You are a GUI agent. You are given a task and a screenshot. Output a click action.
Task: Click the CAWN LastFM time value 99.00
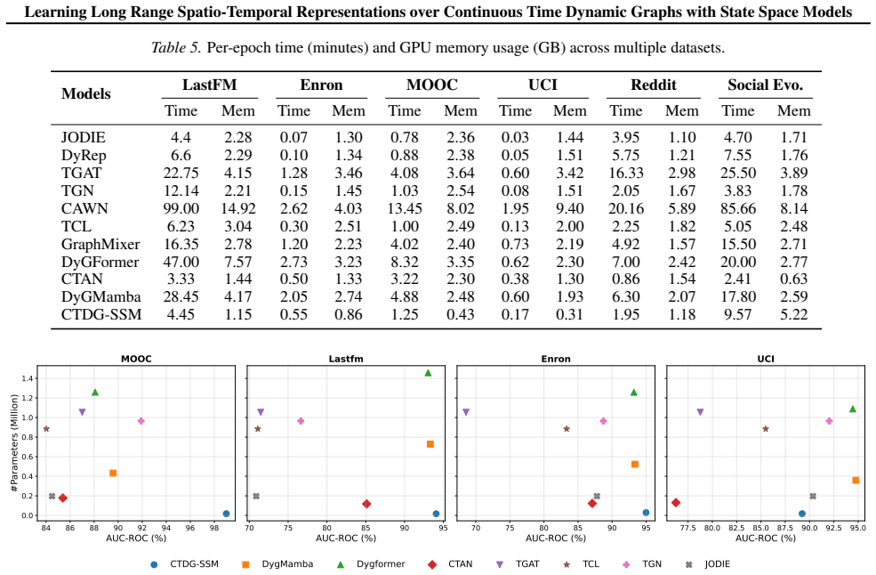tap(181, 208)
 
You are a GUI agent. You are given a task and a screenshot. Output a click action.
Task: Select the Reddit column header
tap(653, 85)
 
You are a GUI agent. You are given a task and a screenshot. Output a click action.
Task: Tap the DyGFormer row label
tap(100, 262)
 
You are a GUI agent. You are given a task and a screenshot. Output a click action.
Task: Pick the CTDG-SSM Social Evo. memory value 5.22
tap(794, 315)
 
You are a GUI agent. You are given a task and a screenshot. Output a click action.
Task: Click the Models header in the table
tap(86, 93)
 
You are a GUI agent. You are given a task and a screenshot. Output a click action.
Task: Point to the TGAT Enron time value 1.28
tap(293, 173)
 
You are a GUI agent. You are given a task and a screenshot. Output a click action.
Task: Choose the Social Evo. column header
tap(765, 85)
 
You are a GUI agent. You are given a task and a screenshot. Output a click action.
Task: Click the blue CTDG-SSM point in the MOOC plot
tap(226, 514)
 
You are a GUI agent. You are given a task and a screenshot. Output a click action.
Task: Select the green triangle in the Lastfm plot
tap(428, 373)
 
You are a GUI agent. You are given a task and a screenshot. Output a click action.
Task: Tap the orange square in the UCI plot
tap(856, 480)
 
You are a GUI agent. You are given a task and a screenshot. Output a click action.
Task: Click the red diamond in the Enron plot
tap(592, 504)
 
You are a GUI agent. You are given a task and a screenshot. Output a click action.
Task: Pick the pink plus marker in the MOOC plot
tap(141, 421)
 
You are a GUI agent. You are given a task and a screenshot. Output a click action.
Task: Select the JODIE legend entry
tap(707, 563)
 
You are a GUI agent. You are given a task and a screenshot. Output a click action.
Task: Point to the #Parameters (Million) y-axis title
tap(14, 443)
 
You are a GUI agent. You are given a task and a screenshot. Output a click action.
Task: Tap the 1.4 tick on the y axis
tap(28, 378)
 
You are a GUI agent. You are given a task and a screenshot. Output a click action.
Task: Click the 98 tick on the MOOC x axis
tap(214, 528)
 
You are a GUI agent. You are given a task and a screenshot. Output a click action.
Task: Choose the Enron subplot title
tap(555, 359)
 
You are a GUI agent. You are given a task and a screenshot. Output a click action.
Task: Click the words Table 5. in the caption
tap(176, 47)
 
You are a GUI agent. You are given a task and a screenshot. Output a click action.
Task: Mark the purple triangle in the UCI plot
tap(700, 412)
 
